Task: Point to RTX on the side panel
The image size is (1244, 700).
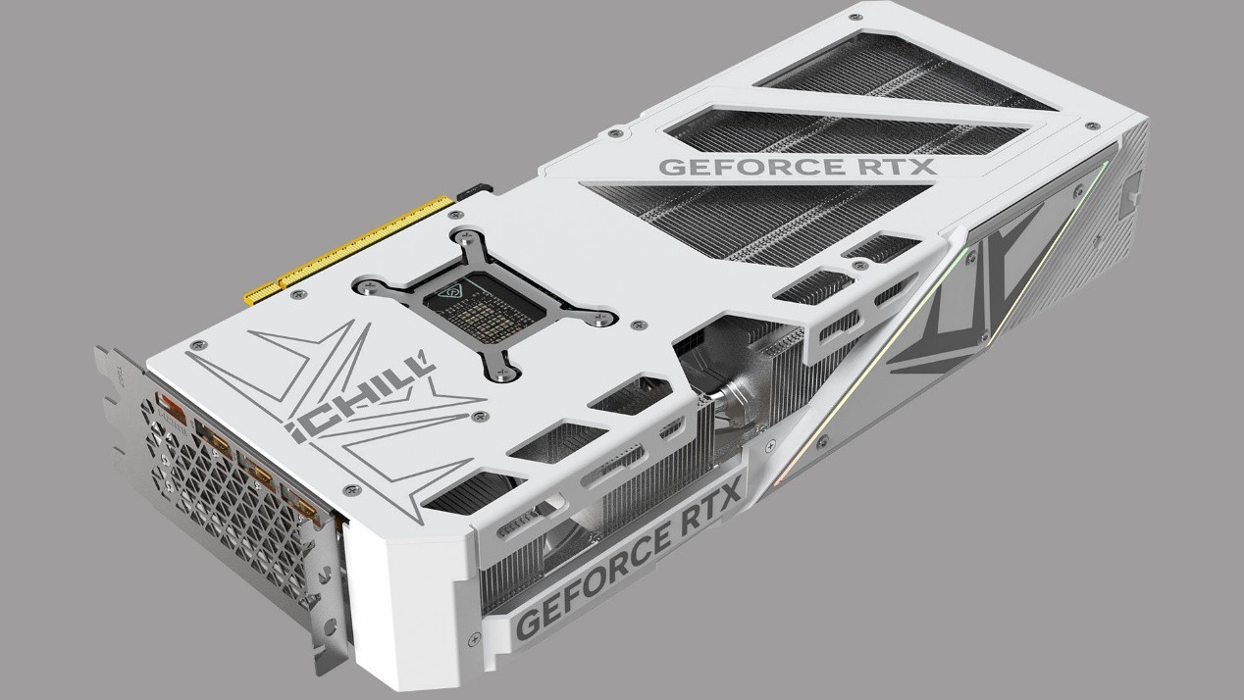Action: tap(706, 537)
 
